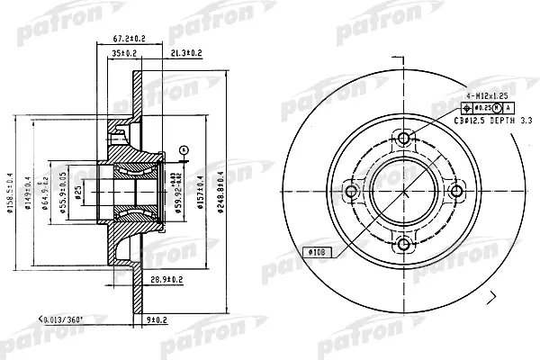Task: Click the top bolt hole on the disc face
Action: (404, 138)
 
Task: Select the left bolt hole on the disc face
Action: (352, 190)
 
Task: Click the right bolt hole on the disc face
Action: (456, 190)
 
